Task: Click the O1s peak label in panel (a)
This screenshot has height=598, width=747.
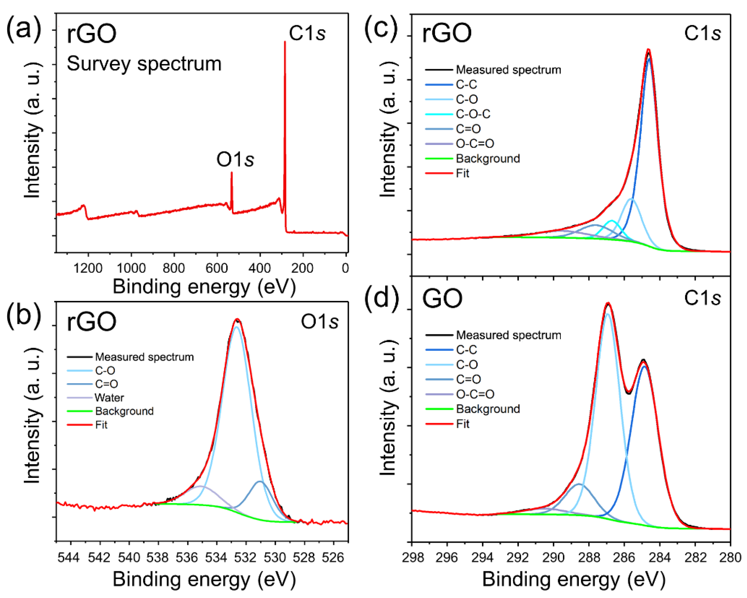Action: click(235, 160)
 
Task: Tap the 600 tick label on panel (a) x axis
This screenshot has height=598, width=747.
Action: click(217, 268)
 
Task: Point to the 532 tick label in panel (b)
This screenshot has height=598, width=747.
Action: click(246, 558)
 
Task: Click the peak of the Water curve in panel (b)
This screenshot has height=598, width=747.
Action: click(200, 486)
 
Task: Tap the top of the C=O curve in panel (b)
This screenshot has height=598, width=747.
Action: click(260, 481)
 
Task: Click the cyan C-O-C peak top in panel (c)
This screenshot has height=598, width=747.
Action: click(612, 220)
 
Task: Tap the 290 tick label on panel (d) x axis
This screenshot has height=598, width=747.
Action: click(553, 558)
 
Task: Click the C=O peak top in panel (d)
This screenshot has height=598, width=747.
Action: click(579, 484)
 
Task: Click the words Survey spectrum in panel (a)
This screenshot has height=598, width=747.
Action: click(144, 64)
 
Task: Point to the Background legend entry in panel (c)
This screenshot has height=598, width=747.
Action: click(488, 159)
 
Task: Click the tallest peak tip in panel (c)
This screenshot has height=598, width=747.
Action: click(649, 50)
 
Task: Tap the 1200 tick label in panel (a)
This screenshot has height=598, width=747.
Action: click(88, 268)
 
